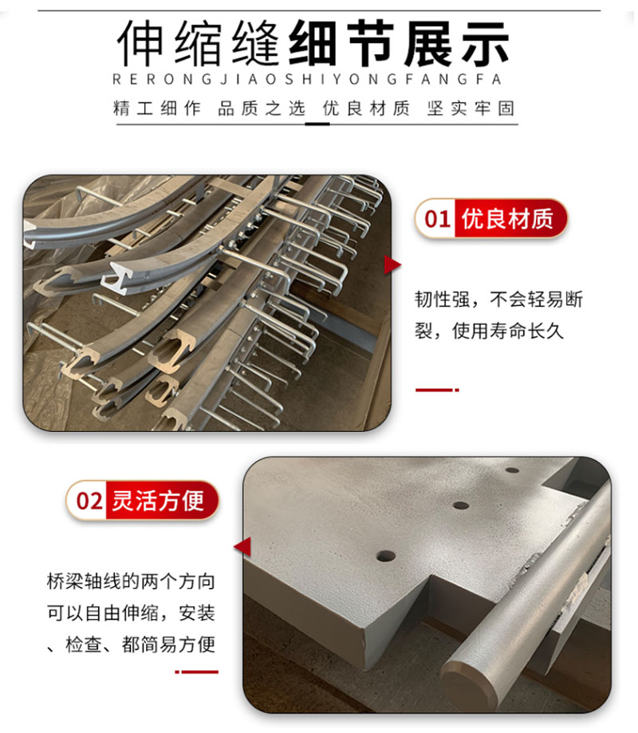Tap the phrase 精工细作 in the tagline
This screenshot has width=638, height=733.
point(157,109)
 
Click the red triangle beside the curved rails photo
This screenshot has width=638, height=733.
point(392,265)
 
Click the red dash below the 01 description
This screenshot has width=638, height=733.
point(437,390)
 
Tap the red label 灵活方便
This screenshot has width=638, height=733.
point(159,500)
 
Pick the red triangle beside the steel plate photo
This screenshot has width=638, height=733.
point(242,547)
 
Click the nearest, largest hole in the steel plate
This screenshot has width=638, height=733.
point(385,555)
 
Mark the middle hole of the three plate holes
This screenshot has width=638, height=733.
point(460,505)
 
